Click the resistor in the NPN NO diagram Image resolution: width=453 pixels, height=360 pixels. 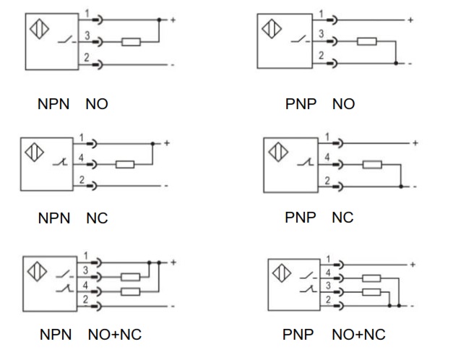coord(131,43)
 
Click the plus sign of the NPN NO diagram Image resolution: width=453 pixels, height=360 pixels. coord(172,19)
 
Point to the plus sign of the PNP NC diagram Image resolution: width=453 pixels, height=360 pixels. coord(415,143)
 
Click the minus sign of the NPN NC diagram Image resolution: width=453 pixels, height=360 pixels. coord(166,186)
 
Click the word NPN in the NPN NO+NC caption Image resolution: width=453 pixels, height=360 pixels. coord(55,334)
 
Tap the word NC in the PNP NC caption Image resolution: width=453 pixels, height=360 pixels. coord(342,217)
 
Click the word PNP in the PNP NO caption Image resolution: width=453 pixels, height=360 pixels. coord(301,104)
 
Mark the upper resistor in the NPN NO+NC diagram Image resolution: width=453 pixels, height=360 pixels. coord(131,276)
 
